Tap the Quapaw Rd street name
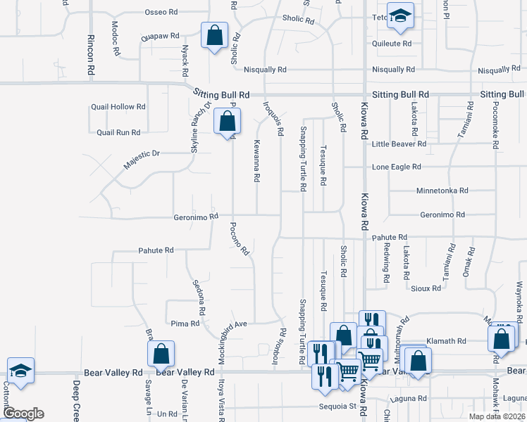160,34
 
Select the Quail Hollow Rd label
118,107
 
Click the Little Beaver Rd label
399,143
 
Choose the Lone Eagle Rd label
397,167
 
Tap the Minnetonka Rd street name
442,191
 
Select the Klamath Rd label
450,341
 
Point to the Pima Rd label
185,324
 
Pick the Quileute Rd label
392,44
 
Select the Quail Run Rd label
118,132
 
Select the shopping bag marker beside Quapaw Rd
213,35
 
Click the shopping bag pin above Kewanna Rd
227,121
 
